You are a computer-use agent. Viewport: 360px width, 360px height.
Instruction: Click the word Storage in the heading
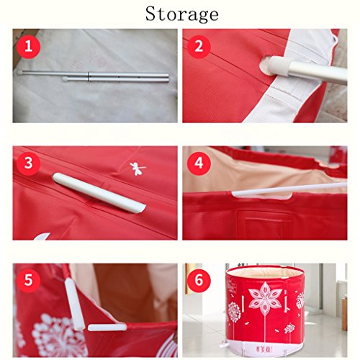click(x=182, y=14)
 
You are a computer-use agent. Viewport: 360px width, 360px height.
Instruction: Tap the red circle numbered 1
click(x=29, y=46)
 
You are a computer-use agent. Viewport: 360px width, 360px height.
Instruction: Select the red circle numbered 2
click(x=199, y=46)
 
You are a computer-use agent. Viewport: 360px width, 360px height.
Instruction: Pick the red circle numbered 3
click(x=29, y=163)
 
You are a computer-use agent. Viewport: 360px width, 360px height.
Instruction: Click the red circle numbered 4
click(x=199, y=163)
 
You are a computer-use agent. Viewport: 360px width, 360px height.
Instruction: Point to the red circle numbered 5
click(x=29, y=280)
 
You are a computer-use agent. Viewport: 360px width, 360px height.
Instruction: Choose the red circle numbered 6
click(x=199, y=280)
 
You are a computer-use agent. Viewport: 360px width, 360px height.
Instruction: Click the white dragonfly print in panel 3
click(x=138, y=168)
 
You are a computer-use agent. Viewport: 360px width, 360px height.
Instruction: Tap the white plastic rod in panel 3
click(x=99, y=193)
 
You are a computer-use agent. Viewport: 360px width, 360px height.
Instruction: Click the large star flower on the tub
click(x=266, y=299)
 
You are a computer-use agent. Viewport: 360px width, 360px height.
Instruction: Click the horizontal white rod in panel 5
click(x=107, y=327)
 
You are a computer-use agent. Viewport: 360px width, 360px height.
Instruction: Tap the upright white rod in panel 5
click(x=74, y=305)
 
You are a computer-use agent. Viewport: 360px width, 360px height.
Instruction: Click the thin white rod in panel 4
click(x=289, y=189)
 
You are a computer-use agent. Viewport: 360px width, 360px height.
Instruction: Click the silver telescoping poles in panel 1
click(x=94, y=76)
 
